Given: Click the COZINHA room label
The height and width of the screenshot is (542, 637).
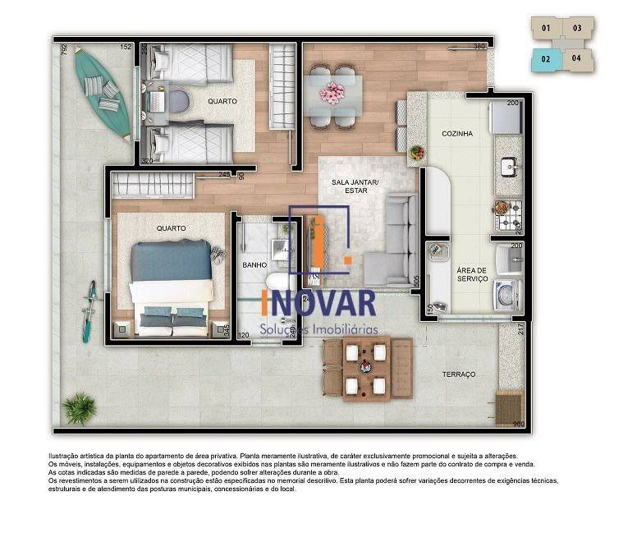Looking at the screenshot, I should [x=456, y=133].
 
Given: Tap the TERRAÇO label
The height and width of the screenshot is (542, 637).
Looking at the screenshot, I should [x=459, y=374].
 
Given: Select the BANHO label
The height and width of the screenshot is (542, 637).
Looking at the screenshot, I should [x=255, y=265].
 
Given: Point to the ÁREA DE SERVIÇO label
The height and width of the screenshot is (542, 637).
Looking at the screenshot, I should [x=472, y=274].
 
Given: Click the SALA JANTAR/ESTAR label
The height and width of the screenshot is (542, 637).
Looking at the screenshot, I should [x=349, y=186].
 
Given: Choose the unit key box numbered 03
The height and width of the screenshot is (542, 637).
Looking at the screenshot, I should [x=577, y=28].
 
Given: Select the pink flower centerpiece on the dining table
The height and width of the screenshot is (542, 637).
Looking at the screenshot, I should [x=333, y=93].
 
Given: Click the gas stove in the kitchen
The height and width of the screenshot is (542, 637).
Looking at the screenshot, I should [x=506, y=215].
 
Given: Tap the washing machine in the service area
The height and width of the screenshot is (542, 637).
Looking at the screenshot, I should [x=506, y=293].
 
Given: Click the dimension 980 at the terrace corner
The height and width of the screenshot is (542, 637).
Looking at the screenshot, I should [x=517, y=425].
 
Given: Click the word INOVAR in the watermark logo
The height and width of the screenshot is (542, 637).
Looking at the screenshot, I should [x=318, y=303].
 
